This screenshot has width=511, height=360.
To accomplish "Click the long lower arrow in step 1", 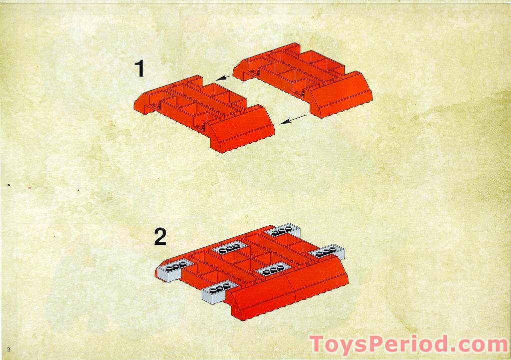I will coord(293,120).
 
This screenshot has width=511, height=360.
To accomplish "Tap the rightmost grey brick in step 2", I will coord(327,253).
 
